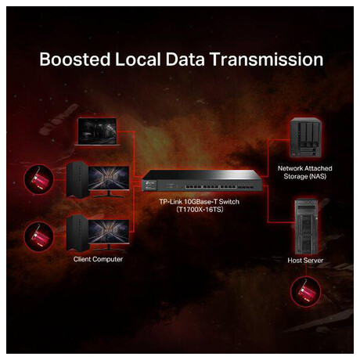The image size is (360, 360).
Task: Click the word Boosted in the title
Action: tap(75, 59)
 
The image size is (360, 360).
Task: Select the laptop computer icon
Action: tap(97, 131)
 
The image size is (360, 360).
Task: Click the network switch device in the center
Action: tap(202, 181)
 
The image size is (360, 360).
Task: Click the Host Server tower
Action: tap(306, 226)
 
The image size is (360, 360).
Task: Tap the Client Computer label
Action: tap(98, 259)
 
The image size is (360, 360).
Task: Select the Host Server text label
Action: tap(305, 261)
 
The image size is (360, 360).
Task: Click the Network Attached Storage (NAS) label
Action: tap(305, 172)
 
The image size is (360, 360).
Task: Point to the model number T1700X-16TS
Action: tap(200, 210)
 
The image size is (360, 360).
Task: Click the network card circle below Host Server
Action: tap(305, 291)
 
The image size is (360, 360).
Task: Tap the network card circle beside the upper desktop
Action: tap(39, 179)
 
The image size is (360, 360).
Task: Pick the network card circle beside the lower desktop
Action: tap(39, 236)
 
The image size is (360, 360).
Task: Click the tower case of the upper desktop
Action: tap(77, 180)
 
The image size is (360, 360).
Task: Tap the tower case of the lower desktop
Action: tap(77, 233)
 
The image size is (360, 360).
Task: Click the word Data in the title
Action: tap(185, 59)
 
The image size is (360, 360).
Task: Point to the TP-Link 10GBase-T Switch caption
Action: tap(200, 202)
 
